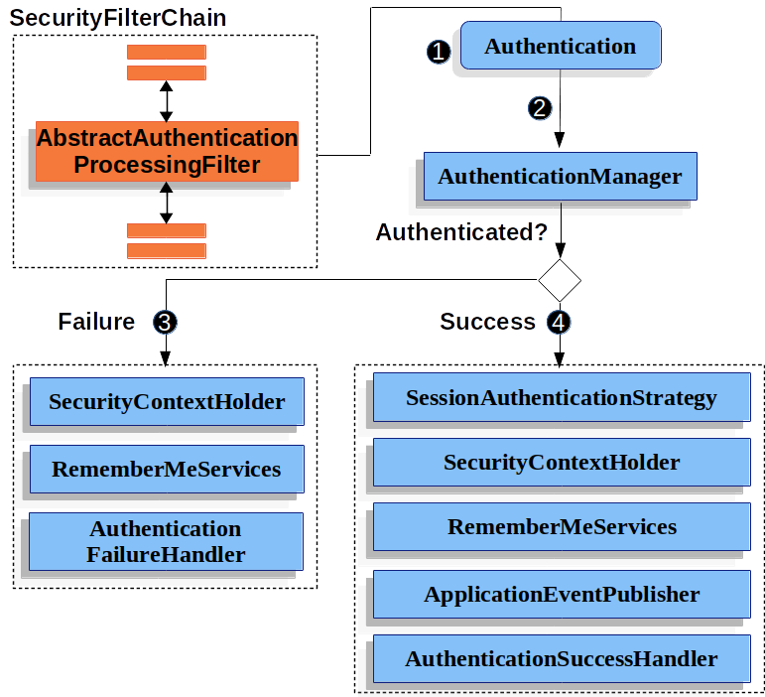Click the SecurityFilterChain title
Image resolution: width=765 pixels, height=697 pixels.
pos(118,19)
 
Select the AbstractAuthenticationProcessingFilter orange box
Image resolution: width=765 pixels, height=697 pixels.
pos(167,151)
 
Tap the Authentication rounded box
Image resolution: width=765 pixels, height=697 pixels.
pos(561,46)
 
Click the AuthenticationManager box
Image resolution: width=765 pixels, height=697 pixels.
pos(560,176)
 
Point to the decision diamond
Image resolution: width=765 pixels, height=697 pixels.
pos(560,280)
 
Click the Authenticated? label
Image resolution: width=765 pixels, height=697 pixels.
pos(461,232)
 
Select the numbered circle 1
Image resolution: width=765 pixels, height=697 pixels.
pos(439,52)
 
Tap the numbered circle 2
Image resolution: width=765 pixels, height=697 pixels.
pos(540,108)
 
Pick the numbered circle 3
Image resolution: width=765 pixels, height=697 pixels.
pos(165,322)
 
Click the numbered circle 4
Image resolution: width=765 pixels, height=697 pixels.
pos(559,322)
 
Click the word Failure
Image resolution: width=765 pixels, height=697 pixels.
pos(96,322)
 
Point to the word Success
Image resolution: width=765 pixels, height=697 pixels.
pos(487,322)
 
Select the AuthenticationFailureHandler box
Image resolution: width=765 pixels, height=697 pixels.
pos(166,541)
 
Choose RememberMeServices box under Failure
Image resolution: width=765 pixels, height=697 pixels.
pos(167,469)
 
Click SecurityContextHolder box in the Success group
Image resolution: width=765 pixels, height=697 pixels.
pos(562,463)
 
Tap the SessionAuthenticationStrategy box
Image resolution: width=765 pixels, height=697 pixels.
pos(562,397)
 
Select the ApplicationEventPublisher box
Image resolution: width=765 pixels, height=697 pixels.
pos(562,594)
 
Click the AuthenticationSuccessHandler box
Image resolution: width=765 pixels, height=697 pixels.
pos(562,659)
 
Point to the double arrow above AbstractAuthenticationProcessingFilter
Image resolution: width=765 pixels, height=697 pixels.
pos(167,101)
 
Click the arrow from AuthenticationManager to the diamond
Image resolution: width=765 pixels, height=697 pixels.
pos(561,229)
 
